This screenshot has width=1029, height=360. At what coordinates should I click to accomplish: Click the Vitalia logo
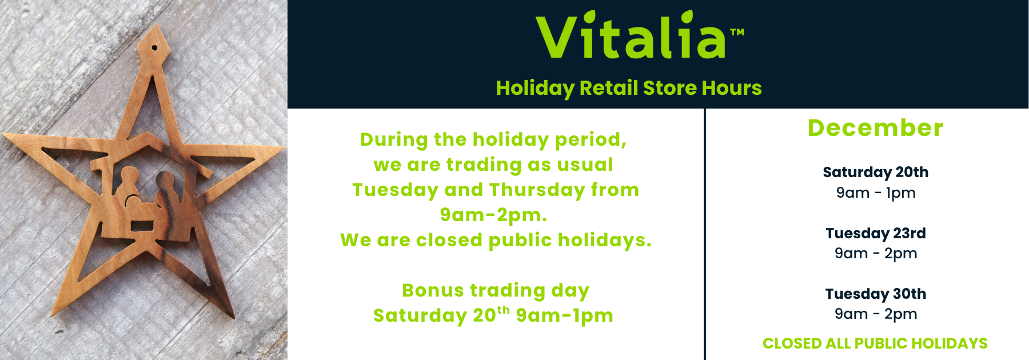(x=640, y=35)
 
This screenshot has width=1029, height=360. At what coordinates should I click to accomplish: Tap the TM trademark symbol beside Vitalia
(x=737, y=33)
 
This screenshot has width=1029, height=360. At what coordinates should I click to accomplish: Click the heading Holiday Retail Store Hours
(x=629, y=88)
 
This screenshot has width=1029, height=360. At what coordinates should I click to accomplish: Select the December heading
(x=875, y=128)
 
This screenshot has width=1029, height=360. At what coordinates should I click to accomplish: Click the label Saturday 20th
(x=875, y=172)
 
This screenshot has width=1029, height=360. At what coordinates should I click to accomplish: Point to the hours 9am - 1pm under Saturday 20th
(x=876, y=193)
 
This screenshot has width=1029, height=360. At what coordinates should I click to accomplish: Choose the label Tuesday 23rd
(x=876, y=233)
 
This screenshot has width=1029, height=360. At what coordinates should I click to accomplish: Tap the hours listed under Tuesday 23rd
(x=876, y=253)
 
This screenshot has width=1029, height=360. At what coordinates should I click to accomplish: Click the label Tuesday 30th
(x=876, y=294)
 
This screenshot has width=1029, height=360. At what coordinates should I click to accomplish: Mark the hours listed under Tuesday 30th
(x=876, y=314)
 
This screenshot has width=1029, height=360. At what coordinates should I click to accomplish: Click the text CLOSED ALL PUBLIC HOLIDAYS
(x=875, y=343)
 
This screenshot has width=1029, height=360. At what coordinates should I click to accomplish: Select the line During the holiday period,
(x=493, y=140)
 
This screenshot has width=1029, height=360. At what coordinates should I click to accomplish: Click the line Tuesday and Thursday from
(x=496, y=190)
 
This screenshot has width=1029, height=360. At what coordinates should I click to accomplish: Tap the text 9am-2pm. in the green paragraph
(x=494, y=215)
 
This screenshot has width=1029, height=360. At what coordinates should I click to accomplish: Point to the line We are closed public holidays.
(x=496, y=240)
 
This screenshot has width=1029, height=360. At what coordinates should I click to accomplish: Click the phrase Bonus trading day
(x=496, y=291)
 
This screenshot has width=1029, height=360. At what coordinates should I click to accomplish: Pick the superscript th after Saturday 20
(x=503, y=310)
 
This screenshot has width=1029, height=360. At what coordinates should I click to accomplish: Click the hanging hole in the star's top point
(x=154, y=47)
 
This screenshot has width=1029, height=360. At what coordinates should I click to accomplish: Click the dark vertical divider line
(x=705, y=234)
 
